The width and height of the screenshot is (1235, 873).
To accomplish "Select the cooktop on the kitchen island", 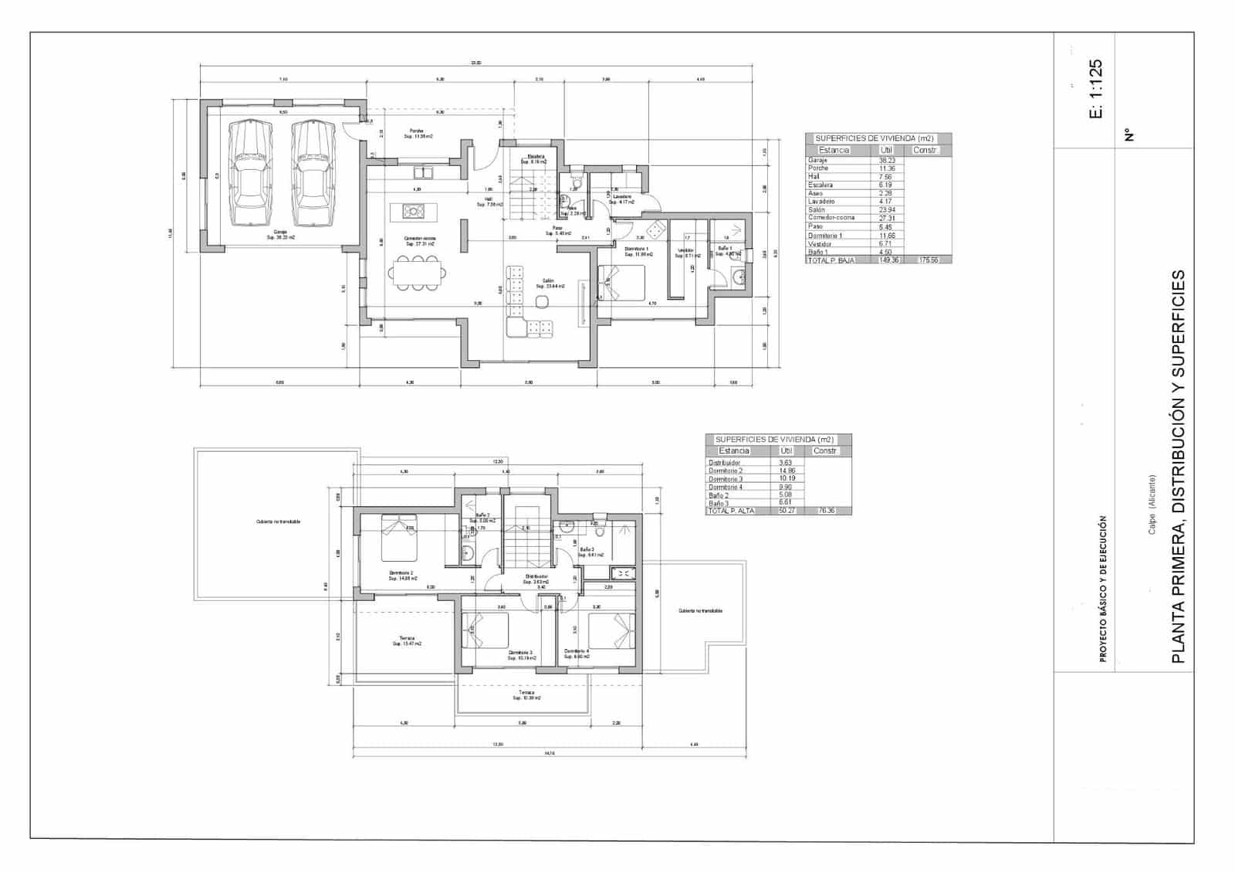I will tap(411, 209).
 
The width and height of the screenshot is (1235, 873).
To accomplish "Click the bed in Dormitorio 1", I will tap(621, 283).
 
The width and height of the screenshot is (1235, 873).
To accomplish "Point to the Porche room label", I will tap(418, 133).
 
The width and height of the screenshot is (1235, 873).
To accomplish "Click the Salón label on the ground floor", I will tap(549, 283).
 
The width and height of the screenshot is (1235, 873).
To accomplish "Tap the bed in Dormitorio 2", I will tap(399, 538).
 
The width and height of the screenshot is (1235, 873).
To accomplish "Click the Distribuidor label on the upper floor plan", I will tap(536, 577).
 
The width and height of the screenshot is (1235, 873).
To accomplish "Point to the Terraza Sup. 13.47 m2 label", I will tap(407, 640).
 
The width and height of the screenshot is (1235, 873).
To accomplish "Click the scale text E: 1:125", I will tap(1096, 88).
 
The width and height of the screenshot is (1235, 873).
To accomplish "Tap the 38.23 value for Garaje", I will tap(886, 160).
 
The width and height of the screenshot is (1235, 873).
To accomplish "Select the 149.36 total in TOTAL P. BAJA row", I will tap(890, 260).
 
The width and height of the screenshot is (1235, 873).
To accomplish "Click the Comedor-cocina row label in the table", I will tap(831, 218).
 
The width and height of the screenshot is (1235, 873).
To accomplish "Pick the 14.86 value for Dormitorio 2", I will tap(787, 470).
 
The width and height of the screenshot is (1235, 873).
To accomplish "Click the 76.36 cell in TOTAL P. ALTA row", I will tap(827, 511).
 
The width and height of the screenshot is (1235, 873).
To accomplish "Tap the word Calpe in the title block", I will tap(1152, 525).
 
